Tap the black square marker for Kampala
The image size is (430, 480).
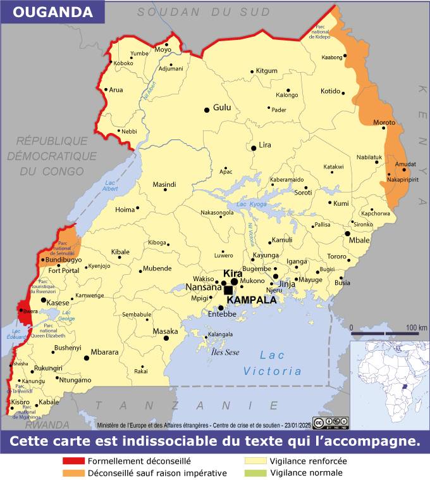pos(228,290)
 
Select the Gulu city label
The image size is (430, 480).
pos(222,108)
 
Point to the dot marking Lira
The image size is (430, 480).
pos(254,148)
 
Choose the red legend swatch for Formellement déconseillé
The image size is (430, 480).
pos(73,461)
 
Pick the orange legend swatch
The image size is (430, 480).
pos(73,473)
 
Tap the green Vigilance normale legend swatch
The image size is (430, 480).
pos(255,473)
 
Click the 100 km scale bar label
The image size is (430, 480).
pos(416,327)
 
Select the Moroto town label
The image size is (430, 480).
pos(384,122)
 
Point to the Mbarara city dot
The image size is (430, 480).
pos(87,358)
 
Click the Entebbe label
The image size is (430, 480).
pos(222,314)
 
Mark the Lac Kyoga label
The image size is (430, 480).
pos(250,204)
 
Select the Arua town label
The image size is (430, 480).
pos(116,90)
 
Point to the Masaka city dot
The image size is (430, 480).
pos(166,338)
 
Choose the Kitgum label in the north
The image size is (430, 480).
pos(266,71)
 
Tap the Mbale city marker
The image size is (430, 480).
pos(347,234)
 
